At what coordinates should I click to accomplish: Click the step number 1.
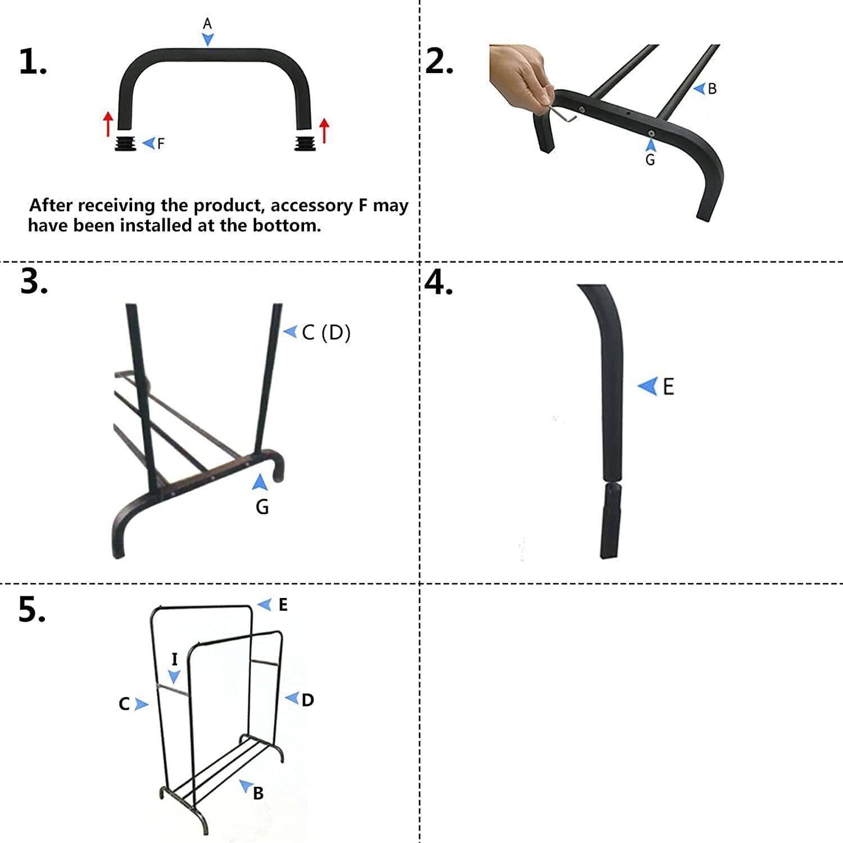coord(32,62)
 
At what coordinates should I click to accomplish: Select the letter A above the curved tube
coord(207,24)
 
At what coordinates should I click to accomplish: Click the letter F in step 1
coord(161,144)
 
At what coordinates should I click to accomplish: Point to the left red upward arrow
coord(108,124)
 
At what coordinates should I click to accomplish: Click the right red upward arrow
coord(324,130)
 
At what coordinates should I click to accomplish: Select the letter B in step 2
coord(712,89)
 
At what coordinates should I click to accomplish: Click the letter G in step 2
coord(650,160)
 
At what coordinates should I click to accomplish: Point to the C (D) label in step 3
coord(326,333)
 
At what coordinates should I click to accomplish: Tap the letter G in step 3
coord(262,507)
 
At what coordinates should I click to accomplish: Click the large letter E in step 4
coord(668,387)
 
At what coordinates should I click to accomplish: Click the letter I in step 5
coord(174,659)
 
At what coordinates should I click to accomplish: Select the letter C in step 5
coord(124,704)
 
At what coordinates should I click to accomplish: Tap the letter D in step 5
coord(307,700)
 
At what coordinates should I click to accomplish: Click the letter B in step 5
coord(258,793)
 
